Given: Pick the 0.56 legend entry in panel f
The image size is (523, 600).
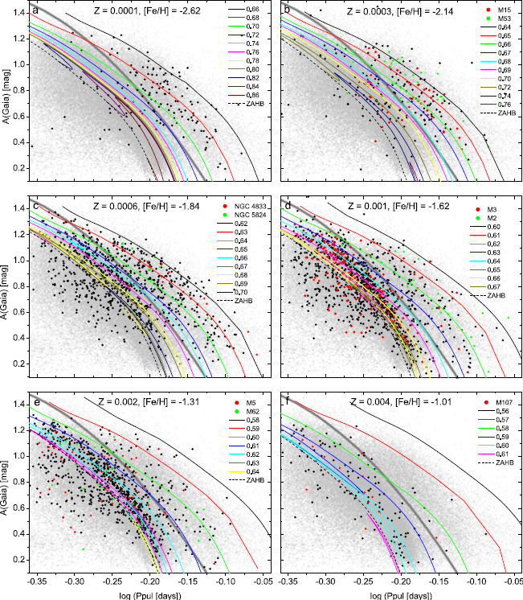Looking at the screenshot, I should (x=498, y=409).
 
